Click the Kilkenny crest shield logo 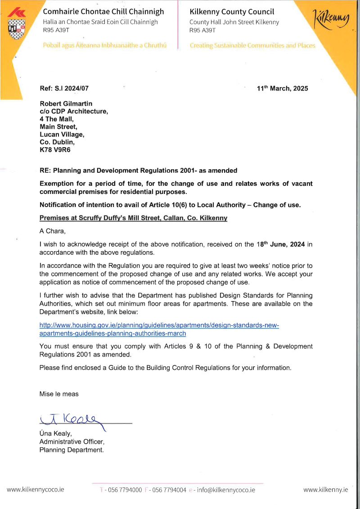17,28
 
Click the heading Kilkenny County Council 232,12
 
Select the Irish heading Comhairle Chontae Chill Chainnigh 103,12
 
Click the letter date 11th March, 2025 282,89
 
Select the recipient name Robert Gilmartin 66,104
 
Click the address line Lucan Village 62,134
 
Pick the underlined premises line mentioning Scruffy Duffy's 133,218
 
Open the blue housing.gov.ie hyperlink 159,329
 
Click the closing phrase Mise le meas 59,394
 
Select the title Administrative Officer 72,441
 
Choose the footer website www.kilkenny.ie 325,490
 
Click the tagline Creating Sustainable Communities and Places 252,45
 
